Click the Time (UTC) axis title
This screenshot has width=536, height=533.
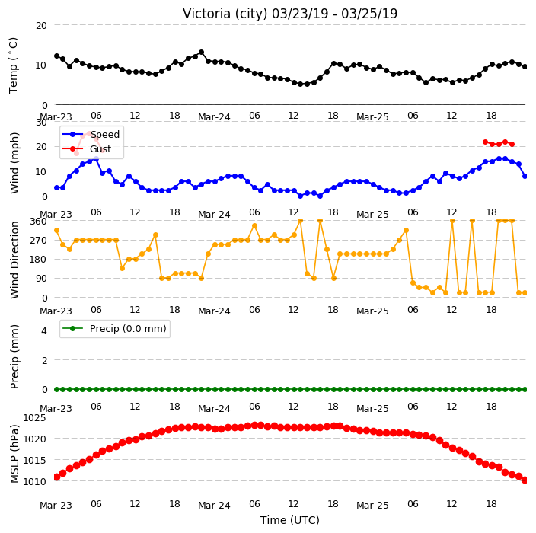(290, 520)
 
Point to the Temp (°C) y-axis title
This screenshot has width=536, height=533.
(14, 65)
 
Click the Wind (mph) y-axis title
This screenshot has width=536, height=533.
(14, 163)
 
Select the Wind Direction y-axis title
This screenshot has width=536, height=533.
(14, 260)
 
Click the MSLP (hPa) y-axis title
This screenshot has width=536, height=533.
(14, 454)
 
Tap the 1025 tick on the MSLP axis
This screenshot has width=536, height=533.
(34, 417)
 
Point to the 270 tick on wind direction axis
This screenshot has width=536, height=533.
(39, 241)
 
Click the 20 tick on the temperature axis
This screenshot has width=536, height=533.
(41, 26)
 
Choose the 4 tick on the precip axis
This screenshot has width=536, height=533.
(44, 330)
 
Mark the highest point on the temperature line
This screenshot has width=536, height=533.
(201, 53)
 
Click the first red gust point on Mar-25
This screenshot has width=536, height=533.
(485, 142)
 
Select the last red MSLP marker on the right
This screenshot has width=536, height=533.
(525, 480)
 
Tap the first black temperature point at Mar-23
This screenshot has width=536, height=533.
(57, 56)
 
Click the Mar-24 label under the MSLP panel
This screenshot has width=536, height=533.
(214, 505)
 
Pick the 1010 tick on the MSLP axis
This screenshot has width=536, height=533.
(34, 481)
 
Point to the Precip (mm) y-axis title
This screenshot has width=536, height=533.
(14, 356)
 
